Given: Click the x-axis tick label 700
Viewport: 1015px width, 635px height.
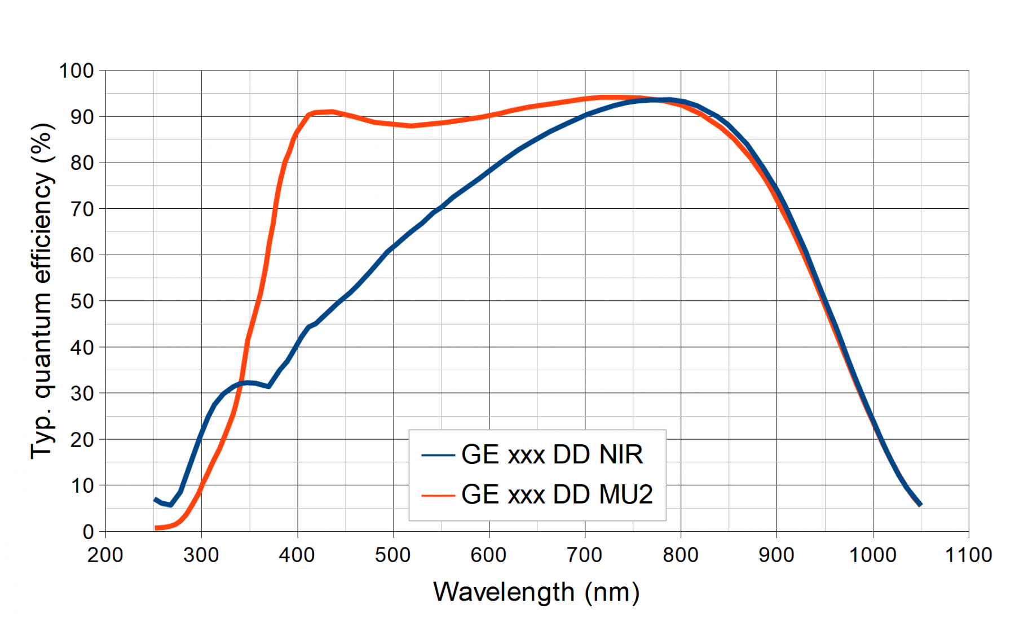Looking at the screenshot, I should [585, 555].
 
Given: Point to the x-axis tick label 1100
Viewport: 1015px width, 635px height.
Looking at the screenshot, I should [968, 555].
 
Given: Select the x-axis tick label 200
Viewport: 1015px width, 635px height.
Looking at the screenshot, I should [105, 555].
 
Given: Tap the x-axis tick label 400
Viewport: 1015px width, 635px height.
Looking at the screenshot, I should [297, 555].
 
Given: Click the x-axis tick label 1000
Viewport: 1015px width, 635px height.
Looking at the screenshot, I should [872, 555].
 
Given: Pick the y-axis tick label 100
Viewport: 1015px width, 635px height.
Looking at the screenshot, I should [77, 71].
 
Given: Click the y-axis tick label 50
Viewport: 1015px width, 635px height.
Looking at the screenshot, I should [82, 301].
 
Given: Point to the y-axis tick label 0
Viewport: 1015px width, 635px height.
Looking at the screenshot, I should [88, 532].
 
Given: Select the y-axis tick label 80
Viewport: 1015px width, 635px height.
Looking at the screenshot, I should [82, 163].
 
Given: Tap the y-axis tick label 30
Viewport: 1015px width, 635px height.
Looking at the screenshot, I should [82, 393].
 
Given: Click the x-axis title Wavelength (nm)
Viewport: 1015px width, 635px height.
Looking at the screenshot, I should [536, 593].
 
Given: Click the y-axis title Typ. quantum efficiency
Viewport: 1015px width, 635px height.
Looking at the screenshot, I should [42, 291].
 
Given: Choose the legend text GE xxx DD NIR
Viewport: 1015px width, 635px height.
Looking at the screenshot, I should [552, 455].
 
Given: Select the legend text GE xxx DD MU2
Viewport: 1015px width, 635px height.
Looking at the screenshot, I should [557, 495].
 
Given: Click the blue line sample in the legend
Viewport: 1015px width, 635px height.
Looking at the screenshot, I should [438, 455].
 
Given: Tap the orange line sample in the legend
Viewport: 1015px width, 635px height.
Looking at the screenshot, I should [438, 496].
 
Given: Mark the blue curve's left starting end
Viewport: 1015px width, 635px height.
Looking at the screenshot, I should [156, 500].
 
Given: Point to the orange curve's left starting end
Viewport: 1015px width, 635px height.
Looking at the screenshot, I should [156, 528].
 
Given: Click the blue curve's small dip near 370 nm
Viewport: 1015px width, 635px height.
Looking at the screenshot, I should [268, 386].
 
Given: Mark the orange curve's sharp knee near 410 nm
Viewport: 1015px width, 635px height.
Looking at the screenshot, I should [308, 115].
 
